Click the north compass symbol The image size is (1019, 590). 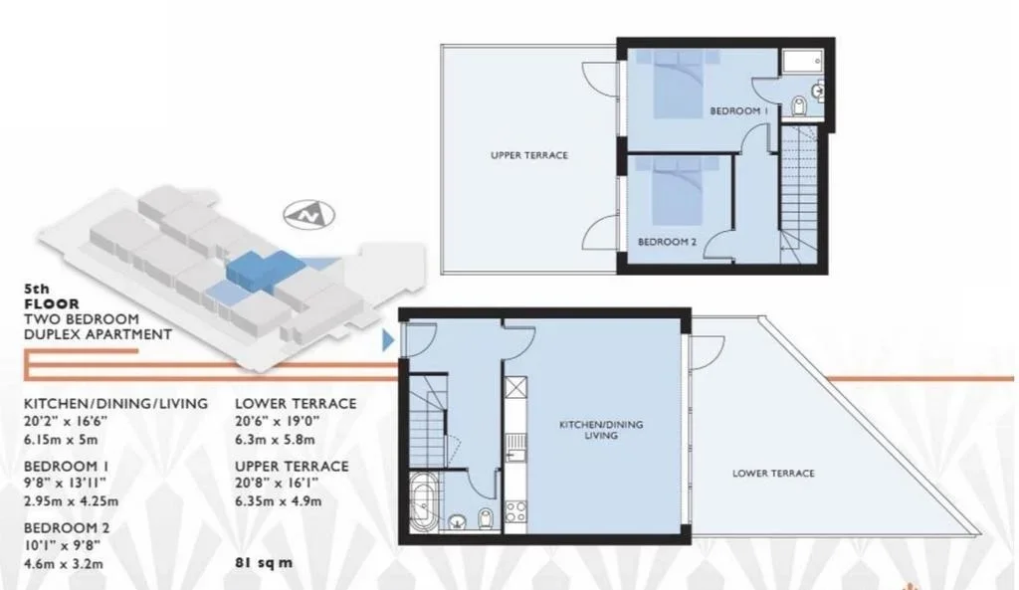pyautogui.click(x=309, y=215)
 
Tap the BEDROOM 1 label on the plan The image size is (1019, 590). pyautogui.click(x=739, y=111)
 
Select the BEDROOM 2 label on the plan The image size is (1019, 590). pyautogui.click(x=667, y=242)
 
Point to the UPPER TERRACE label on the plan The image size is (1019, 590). pyautogui.click(x=529, y=155)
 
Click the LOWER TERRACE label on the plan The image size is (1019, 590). pyautogui.click(x=773, y=473)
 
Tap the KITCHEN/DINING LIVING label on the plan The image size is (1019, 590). pyautogui.click(x=601, y=430)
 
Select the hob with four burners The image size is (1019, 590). pyautogui.click(x=516, y=510)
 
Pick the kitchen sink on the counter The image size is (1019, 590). pyautogui.click(x=516, y=447)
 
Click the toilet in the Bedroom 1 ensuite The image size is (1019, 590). pyautogui.click(x=799, y=105)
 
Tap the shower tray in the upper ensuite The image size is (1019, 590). pyautogui.click(x=803, y=61)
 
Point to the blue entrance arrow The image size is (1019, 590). pyautogui.click(x=388, y=340)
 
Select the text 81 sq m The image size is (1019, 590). pyautogui.click(x=264, y=563)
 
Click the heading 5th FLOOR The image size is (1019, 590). pyautogui.click(x=52, y=296)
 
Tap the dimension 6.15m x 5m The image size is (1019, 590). pyautogui.click(x=61, y=439)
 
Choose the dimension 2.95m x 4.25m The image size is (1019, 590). pyautogui.click(x=72, y=501)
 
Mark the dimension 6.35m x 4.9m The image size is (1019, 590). pyautogui.click(x=279, y=501)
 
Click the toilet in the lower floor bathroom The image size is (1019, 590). pyautogui.click(x=486, y=519)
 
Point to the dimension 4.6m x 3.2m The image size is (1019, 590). pyautogui.click(x=64, y=563)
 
